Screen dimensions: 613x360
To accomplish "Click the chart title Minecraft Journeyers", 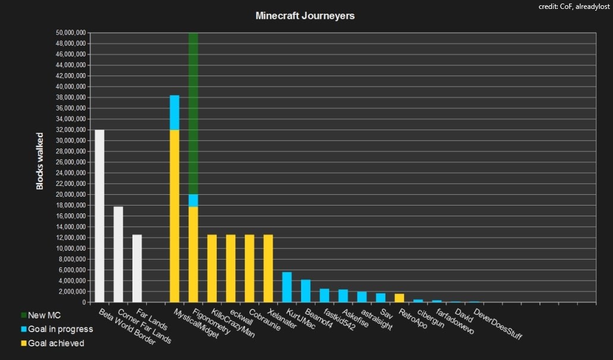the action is (x=305, y=15).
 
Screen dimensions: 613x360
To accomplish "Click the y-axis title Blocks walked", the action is (x=39, y=162).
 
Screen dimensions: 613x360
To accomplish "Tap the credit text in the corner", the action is (x=574, y=7).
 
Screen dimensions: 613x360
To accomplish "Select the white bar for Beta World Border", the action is (x=100, y=216).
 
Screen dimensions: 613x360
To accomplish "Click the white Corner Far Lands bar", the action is (x=118, y=254).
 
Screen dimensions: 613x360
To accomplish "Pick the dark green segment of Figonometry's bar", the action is (x=193, y=113).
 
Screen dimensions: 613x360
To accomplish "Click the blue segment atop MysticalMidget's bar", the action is (x=175, y=112).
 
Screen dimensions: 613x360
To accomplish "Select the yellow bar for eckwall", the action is (x=230, y=269).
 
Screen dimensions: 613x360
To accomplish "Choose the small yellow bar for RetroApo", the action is (x=399, y=298).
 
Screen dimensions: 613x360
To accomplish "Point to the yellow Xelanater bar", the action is (x=268, y=269).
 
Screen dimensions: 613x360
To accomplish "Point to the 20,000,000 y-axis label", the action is (x=71, y=195).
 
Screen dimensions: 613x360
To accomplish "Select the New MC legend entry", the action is (x=40, y=315).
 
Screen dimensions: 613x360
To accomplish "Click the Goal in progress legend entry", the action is (x=57, y=329).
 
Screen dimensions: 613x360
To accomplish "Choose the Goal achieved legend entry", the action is (x=52, y=343).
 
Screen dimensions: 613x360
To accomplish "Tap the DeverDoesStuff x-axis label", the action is (x=498, y=324).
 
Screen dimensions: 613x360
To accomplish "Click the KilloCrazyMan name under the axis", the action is (x=233, y=323).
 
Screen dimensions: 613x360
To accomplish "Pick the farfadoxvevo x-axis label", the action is (x=455, y=322).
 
